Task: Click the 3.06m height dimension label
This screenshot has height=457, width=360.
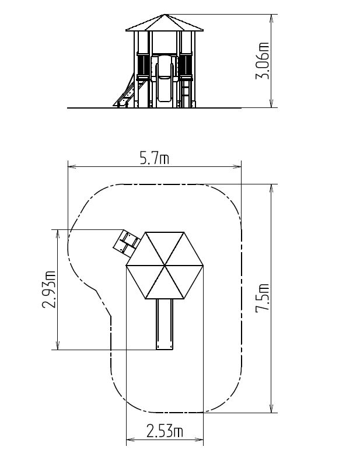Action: coord(262,61)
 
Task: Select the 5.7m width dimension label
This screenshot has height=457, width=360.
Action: coord(155,159)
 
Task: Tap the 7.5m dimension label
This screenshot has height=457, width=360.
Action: coord(262,298)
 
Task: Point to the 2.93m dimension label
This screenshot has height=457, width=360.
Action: coord(48,289)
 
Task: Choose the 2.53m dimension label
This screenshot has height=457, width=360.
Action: coord(165,431)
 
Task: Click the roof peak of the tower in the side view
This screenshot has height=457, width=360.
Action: coord(165,14)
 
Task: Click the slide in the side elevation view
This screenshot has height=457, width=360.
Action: coord(165,79)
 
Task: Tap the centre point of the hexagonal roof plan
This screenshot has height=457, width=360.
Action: coord(165,266)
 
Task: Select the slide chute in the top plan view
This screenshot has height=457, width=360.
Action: coord(165,324)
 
